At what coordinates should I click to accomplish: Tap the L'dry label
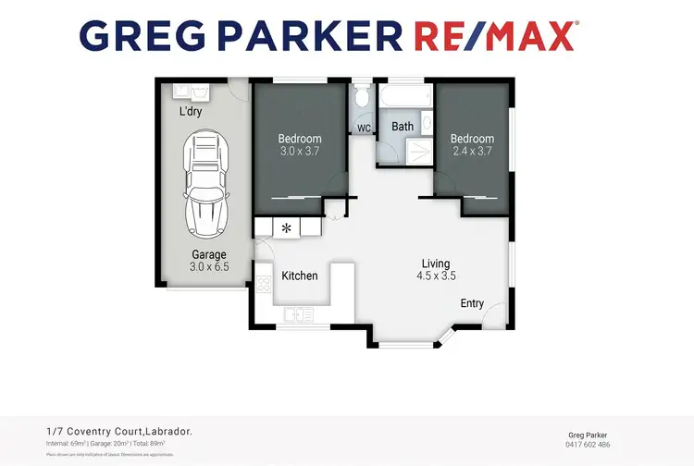coord(191,112)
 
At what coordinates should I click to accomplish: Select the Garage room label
coord(209,254)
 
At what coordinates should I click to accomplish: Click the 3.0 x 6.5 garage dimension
coord(209,266)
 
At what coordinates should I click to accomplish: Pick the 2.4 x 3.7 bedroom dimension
coord(472,152)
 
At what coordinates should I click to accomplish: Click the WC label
coord(364,128)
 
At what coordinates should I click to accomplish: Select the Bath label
coord(403,126)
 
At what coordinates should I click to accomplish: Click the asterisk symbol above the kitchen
coord(286,227)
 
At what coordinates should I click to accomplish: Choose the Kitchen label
coord(300,276)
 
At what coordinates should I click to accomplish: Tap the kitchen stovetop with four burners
coord(263,285)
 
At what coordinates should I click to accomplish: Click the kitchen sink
coord(297,314)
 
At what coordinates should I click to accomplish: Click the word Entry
coord(472,303)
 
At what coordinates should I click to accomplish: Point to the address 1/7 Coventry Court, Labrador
coord(119,431)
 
